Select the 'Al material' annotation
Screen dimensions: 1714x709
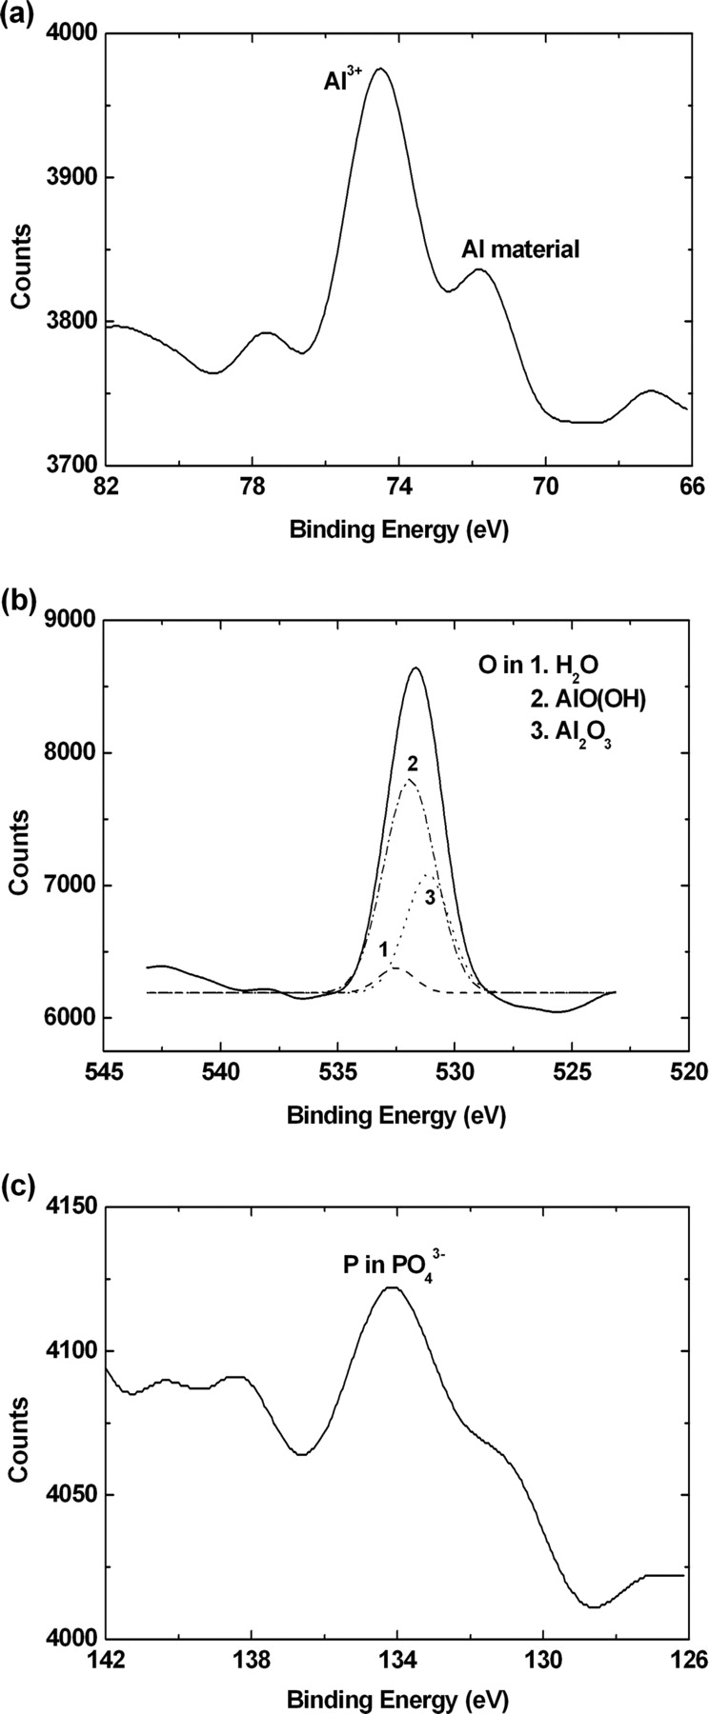click(520, 249)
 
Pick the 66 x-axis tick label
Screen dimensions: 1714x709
click(689, 488)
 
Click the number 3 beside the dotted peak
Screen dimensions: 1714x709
click(430, 897)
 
